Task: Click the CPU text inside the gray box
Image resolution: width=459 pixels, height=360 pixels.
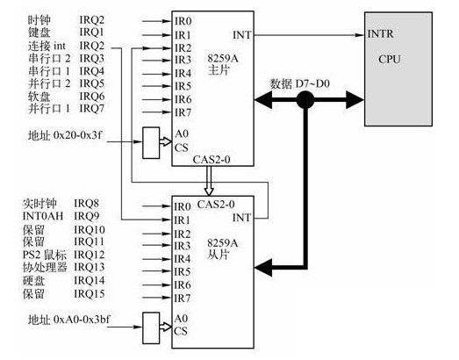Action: coord(390,60)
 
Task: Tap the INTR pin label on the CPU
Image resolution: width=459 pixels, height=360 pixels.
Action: coord(380,34)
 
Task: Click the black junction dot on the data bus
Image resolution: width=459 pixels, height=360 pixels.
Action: coord(305,100)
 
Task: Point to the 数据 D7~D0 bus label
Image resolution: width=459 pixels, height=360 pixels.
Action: coord(299,83)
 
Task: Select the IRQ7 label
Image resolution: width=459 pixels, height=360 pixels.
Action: coord(92,108)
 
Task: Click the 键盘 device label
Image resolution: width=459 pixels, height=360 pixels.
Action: coord(39,32)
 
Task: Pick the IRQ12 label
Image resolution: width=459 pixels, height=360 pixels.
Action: coord(90,255)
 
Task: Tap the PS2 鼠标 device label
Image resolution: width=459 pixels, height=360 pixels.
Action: coord(45,255)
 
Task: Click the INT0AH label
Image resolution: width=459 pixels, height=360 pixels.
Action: coord(43,216)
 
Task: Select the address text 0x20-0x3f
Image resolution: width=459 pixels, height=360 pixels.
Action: coord(78,135)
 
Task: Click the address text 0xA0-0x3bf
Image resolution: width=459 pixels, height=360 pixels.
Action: coord(82,320)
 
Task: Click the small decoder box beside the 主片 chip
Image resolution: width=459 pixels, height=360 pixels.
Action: coord(151,142)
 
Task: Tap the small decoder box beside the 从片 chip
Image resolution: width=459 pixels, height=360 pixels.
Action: coord(151,328)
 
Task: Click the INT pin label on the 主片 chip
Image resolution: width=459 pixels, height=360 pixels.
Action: coord(242,35)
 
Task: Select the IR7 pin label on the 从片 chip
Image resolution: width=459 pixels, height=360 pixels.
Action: coord(182,299)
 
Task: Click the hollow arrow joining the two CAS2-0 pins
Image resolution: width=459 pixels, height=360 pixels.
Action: coord(209,181)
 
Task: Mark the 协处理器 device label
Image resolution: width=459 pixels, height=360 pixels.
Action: coord(45,267)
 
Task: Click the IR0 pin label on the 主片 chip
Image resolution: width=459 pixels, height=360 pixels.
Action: coord(183,21)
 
